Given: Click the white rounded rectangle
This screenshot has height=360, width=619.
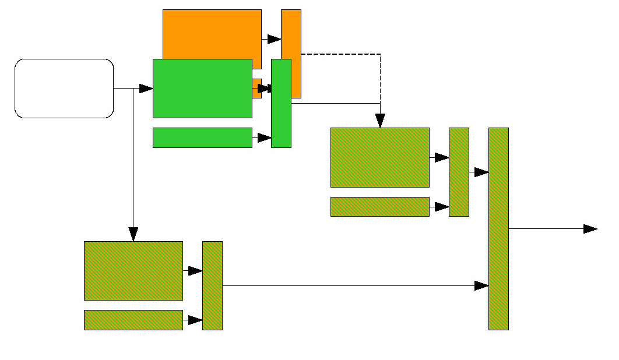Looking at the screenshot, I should point(64,89).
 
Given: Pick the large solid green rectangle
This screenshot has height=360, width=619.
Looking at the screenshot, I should point(202,89).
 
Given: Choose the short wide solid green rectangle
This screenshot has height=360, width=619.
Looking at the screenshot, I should point(202,137).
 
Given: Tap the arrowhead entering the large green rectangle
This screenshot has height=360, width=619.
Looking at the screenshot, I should point(146,89).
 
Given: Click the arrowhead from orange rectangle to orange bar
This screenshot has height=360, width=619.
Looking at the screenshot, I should point(274,39).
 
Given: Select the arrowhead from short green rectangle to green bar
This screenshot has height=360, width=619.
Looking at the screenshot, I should point(265,138).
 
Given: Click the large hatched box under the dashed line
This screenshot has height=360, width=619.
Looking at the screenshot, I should point(379,157).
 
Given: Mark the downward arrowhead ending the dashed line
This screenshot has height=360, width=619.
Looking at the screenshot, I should point(380,121).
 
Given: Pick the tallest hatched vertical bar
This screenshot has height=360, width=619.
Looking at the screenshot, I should point(498,228).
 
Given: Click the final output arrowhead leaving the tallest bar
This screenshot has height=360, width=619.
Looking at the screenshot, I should point(590,229).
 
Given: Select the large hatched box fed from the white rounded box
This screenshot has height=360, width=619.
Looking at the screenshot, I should point(133,270).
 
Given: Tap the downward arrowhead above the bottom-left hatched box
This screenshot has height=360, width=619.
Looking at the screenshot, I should point(133,234).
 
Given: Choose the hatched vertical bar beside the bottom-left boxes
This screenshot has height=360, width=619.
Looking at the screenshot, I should point(212,285).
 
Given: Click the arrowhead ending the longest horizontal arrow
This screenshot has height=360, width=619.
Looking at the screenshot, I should point(481,285).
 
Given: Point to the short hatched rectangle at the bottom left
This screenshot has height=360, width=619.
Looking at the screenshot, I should point(133,320).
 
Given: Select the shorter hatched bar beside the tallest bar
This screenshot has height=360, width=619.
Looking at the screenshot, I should point(459,172).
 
